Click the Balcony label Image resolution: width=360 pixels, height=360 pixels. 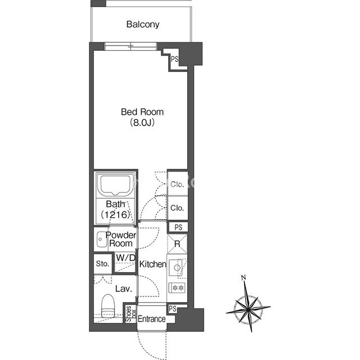click(x=143, y=24)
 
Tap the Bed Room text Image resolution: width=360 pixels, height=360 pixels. click(x=142, y=112)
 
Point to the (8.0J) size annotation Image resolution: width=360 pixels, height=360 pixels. click(x=142, y=123)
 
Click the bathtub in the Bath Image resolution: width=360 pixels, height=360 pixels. click(x=115, y=186)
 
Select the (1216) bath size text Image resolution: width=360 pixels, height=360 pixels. click(x=115, y=214)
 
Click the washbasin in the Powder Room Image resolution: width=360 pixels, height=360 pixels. click(x=101, y=240)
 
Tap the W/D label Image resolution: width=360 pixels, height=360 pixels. click(x=125, y=258)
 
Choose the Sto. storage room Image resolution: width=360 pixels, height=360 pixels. click(x=102, y=264)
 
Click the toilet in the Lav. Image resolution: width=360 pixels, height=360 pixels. click(x=108, y=306)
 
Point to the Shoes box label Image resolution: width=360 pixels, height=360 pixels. click(x=131, y=314)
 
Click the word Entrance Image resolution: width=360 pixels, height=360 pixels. click(x=151, y=319)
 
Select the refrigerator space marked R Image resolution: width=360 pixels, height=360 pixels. click(x=177, y=244)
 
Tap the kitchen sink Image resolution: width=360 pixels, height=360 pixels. click(x=176, y=268)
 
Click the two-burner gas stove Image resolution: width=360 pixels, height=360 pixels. click(x=177, y=287)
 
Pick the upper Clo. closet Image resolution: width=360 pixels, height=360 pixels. click(x=178, y=184)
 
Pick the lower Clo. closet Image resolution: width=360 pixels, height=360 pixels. click(x=178, y=208)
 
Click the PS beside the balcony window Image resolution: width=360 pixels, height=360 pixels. click(x=175, y=59)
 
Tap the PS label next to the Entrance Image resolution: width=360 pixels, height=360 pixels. click(x=173, y=309)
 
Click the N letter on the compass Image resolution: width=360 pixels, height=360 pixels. click(x=244, y=277)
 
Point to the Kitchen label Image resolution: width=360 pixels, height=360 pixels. click(x=152, y=264)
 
